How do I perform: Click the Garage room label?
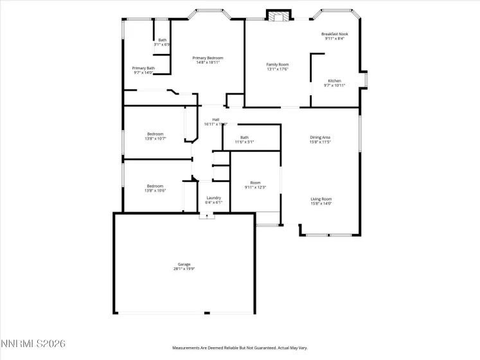[184, 264]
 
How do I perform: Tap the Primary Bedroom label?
[208, 58]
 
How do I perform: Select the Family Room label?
[278, 64]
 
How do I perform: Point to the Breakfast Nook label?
[334, 33]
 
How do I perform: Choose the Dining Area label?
[320, 137]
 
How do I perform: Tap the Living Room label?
[321, 199]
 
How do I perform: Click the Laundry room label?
[214, 198]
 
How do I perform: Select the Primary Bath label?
[143, 68]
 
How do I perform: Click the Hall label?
[216, 119]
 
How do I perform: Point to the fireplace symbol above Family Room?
[280, 16]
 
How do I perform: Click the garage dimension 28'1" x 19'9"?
[184, 269]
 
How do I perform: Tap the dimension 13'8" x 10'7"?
[155, 138]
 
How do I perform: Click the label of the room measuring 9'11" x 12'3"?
[255, 183]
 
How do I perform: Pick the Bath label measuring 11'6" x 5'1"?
[245, 137]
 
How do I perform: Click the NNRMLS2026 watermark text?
[33, 345]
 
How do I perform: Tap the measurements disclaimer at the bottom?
[240, 348]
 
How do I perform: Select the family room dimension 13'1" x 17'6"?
[278, 69]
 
